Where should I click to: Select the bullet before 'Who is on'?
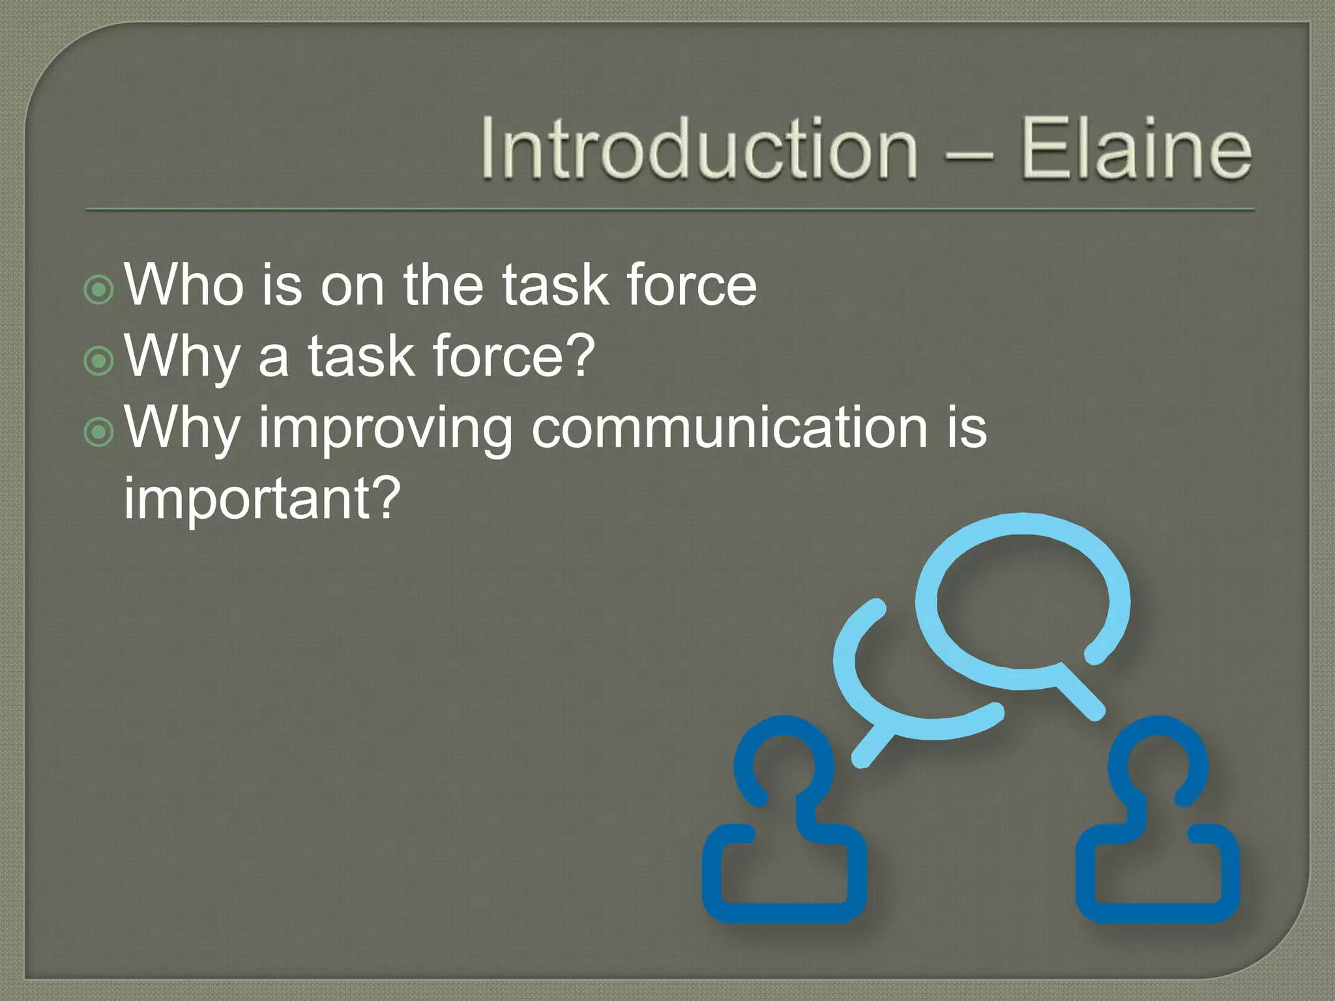99,289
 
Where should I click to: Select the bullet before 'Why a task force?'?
99,360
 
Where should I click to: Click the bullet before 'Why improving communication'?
99,431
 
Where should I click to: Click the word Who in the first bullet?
184,284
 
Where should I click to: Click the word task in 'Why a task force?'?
361,356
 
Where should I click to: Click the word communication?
729,428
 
